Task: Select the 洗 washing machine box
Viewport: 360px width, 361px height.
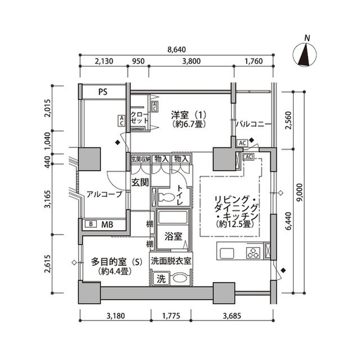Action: [x=161, y=278]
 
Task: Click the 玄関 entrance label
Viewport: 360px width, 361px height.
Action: [x=140, y=182]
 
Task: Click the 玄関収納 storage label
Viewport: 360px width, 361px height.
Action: [x=141, y=160]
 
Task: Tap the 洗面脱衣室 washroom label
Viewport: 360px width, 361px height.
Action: [x=172, y=261]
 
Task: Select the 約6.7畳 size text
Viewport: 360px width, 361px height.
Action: [x=186, y=124]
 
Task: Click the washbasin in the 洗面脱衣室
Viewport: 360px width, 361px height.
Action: [x=180, y=278]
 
